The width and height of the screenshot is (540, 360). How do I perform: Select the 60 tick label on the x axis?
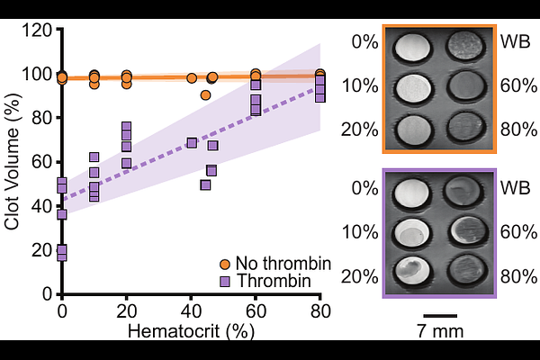coord(255,310)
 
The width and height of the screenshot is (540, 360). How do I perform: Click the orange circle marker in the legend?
coord(225,264)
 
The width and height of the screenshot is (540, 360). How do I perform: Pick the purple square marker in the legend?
coord(225,281)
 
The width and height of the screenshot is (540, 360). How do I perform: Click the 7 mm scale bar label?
coord(439,331)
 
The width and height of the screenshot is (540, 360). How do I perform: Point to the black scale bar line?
coord(439,316)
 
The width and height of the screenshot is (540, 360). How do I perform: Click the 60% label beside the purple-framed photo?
coord(516,231)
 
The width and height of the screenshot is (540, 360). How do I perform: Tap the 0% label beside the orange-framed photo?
coord(365,42)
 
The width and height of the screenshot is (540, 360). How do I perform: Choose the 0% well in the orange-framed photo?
coord(415,45)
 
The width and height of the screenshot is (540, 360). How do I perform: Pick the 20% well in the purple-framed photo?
coord(415,271)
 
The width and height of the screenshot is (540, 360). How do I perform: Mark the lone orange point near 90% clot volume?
coord(206,94)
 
